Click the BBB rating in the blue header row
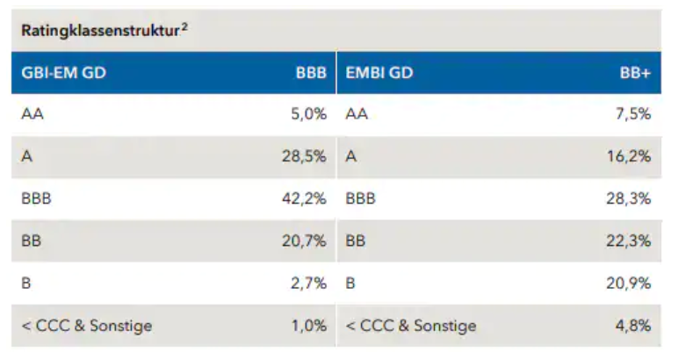311,74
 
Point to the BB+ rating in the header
635,74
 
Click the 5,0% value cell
308,114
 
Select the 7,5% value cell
633,114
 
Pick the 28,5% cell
304,156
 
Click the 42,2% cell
304,198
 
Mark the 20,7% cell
304,241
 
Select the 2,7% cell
308,283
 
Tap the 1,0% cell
308,326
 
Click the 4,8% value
633,326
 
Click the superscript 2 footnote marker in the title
184,27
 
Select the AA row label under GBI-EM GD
32,114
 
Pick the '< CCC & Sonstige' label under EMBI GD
411,326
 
